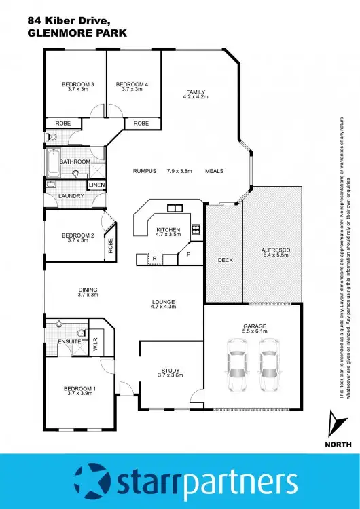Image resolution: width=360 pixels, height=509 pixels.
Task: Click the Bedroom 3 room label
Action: point(77,84)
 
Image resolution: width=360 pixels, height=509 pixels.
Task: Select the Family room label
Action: point(196,92)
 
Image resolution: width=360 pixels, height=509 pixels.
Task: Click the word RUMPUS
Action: point(145,171)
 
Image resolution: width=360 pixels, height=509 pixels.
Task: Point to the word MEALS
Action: point(214,171)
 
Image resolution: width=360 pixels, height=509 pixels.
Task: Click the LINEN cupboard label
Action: point(96,185)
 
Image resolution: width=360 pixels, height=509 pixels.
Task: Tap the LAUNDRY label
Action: point(71,197)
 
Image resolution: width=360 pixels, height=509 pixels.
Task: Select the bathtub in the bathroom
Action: point(52,163)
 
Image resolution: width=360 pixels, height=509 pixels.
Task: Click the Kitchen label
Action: point(168,230)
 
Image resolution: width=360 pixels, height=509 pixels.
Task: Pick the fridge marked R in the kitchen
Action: point(155,259)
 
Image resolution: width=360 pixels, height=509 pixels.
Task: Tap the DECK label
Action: point(226,260)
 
